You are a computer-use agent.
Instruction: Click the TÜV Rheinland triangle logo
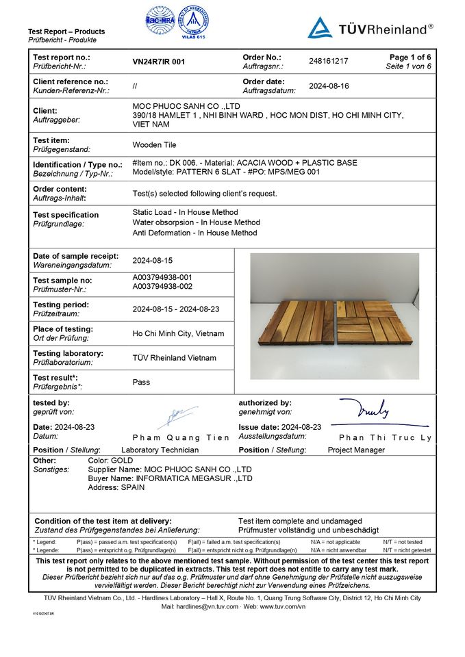click(x=320, y=28)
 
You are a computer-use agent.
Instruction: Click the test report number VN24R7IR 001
click(x=159, y=62)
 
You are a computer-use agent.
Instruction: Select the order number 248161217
click(x=329, y=61)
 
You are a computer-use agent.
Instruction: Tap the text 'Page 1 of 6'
click(x=410, y=57)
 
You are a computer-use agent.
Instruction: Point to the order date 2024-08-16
click(x=329, y=86)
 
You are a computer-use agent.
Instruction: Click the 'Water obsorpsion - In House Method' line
click(x=197, y=222)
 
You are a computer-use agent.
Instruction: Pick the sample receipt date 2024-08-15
click(x=152, y=261)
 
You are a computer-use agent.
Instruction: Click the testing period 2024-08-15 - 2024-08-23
click(x=175, y=309)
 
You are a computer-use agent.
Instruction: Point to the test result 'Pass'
click(x=141, y=382)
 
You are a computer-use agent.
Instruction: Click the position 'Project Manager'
click(x=356, y=450)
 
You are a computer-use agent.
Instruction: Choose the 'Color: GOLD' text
click(x=110, y=461)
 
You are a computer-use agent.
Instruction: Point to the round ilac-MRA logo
click(x=159, y=21)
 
